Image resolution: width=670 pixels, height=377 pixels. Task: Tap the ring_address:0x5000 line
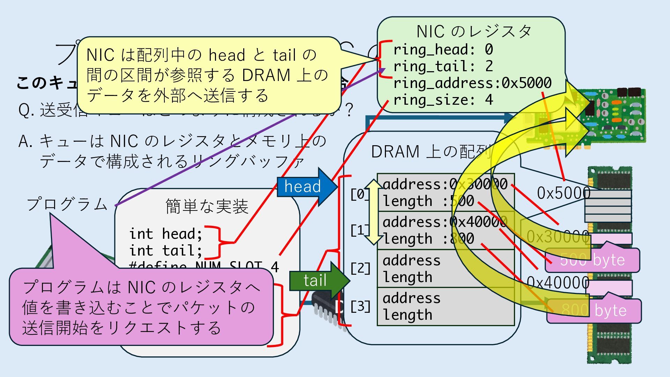472,83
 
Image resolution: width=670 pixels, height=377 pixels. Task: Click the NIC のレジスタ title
474,31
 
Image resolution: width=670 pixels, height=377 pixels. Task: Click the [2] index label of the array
360,268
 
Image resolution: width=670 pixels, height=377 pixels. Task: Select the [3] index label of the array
360,306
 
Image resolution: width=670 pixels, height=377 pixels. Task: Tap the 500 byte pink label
592,260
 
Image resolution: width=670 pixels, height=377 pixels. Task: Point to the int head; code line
165,234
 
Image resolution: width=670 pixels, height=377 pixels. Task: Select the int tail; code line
165,251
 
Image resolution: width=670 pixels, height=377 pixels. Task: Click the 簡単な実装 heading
207,206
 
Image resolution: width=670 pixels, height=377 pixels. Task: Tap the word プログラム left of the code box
67,204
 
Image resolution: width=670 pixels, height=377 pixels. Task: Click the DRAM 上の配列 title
431,152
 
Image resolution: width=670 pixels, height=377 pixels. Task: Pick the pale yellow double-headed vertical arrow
373,212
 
